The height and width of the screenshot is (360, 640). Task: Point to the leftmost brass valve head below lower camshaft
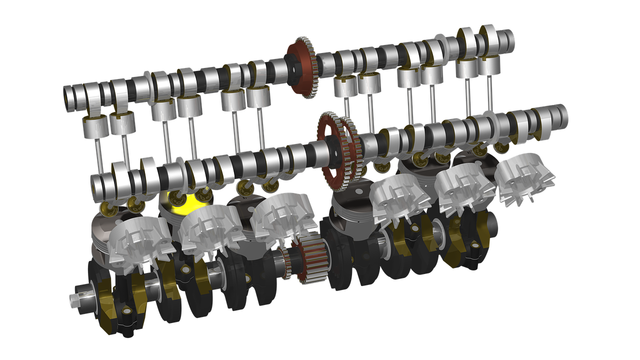click(107, 208)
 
